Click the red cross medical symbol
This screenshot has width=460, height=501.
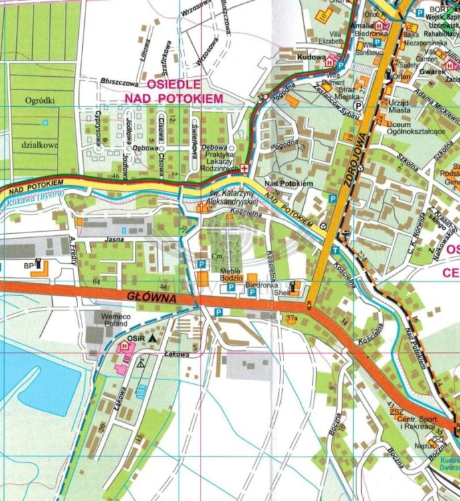245,168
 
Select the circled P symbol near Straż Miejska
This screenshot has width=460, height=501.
357,105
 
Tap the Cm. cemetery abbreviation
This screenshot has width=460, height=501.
216,256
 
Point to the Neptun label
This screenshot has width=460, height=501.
425,446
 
